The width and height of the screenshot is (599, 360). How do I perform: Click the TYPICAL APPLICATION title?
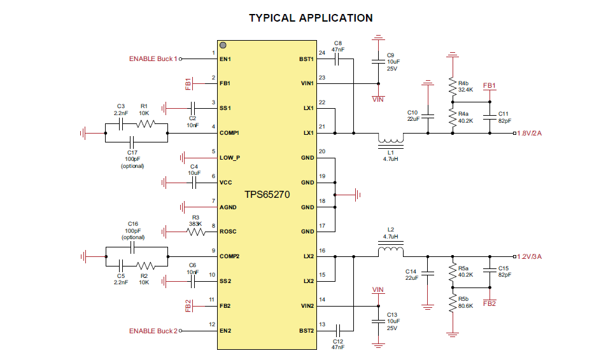pyautogui.click(x=311, y=18)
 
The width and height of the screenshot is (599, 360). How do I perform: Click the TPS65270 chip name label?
pyautogui.click(x=267, y=195)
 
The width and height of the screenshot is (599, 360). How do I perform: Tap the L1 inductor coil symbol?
pyautogui.click(x=391, y=140)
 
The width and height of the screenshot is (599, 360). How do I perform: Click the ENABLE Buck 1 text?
pyautogui.click(x=153, y=59)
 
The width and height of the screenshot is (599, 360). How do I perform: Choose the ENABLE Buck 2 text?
pyautogui.click(x=153, y=331)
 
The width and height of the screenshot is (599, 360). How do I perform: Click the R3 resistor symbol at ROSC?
pyautogui.click(x=195, y=232)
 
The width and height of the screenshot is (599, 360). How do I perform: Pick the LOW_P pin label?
pyautogui.click(x=230, y=158)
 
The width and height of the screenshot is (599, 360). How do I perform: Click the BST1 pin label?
pyautogui.click(x=306, y=59)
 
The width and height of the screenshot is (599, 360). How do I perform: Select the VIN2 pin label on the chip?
pyautogui.click(x=306, y=306)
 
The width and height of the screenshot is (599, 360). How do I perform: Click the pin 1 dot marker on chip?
pyautogui.click(x=223, y=46)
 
